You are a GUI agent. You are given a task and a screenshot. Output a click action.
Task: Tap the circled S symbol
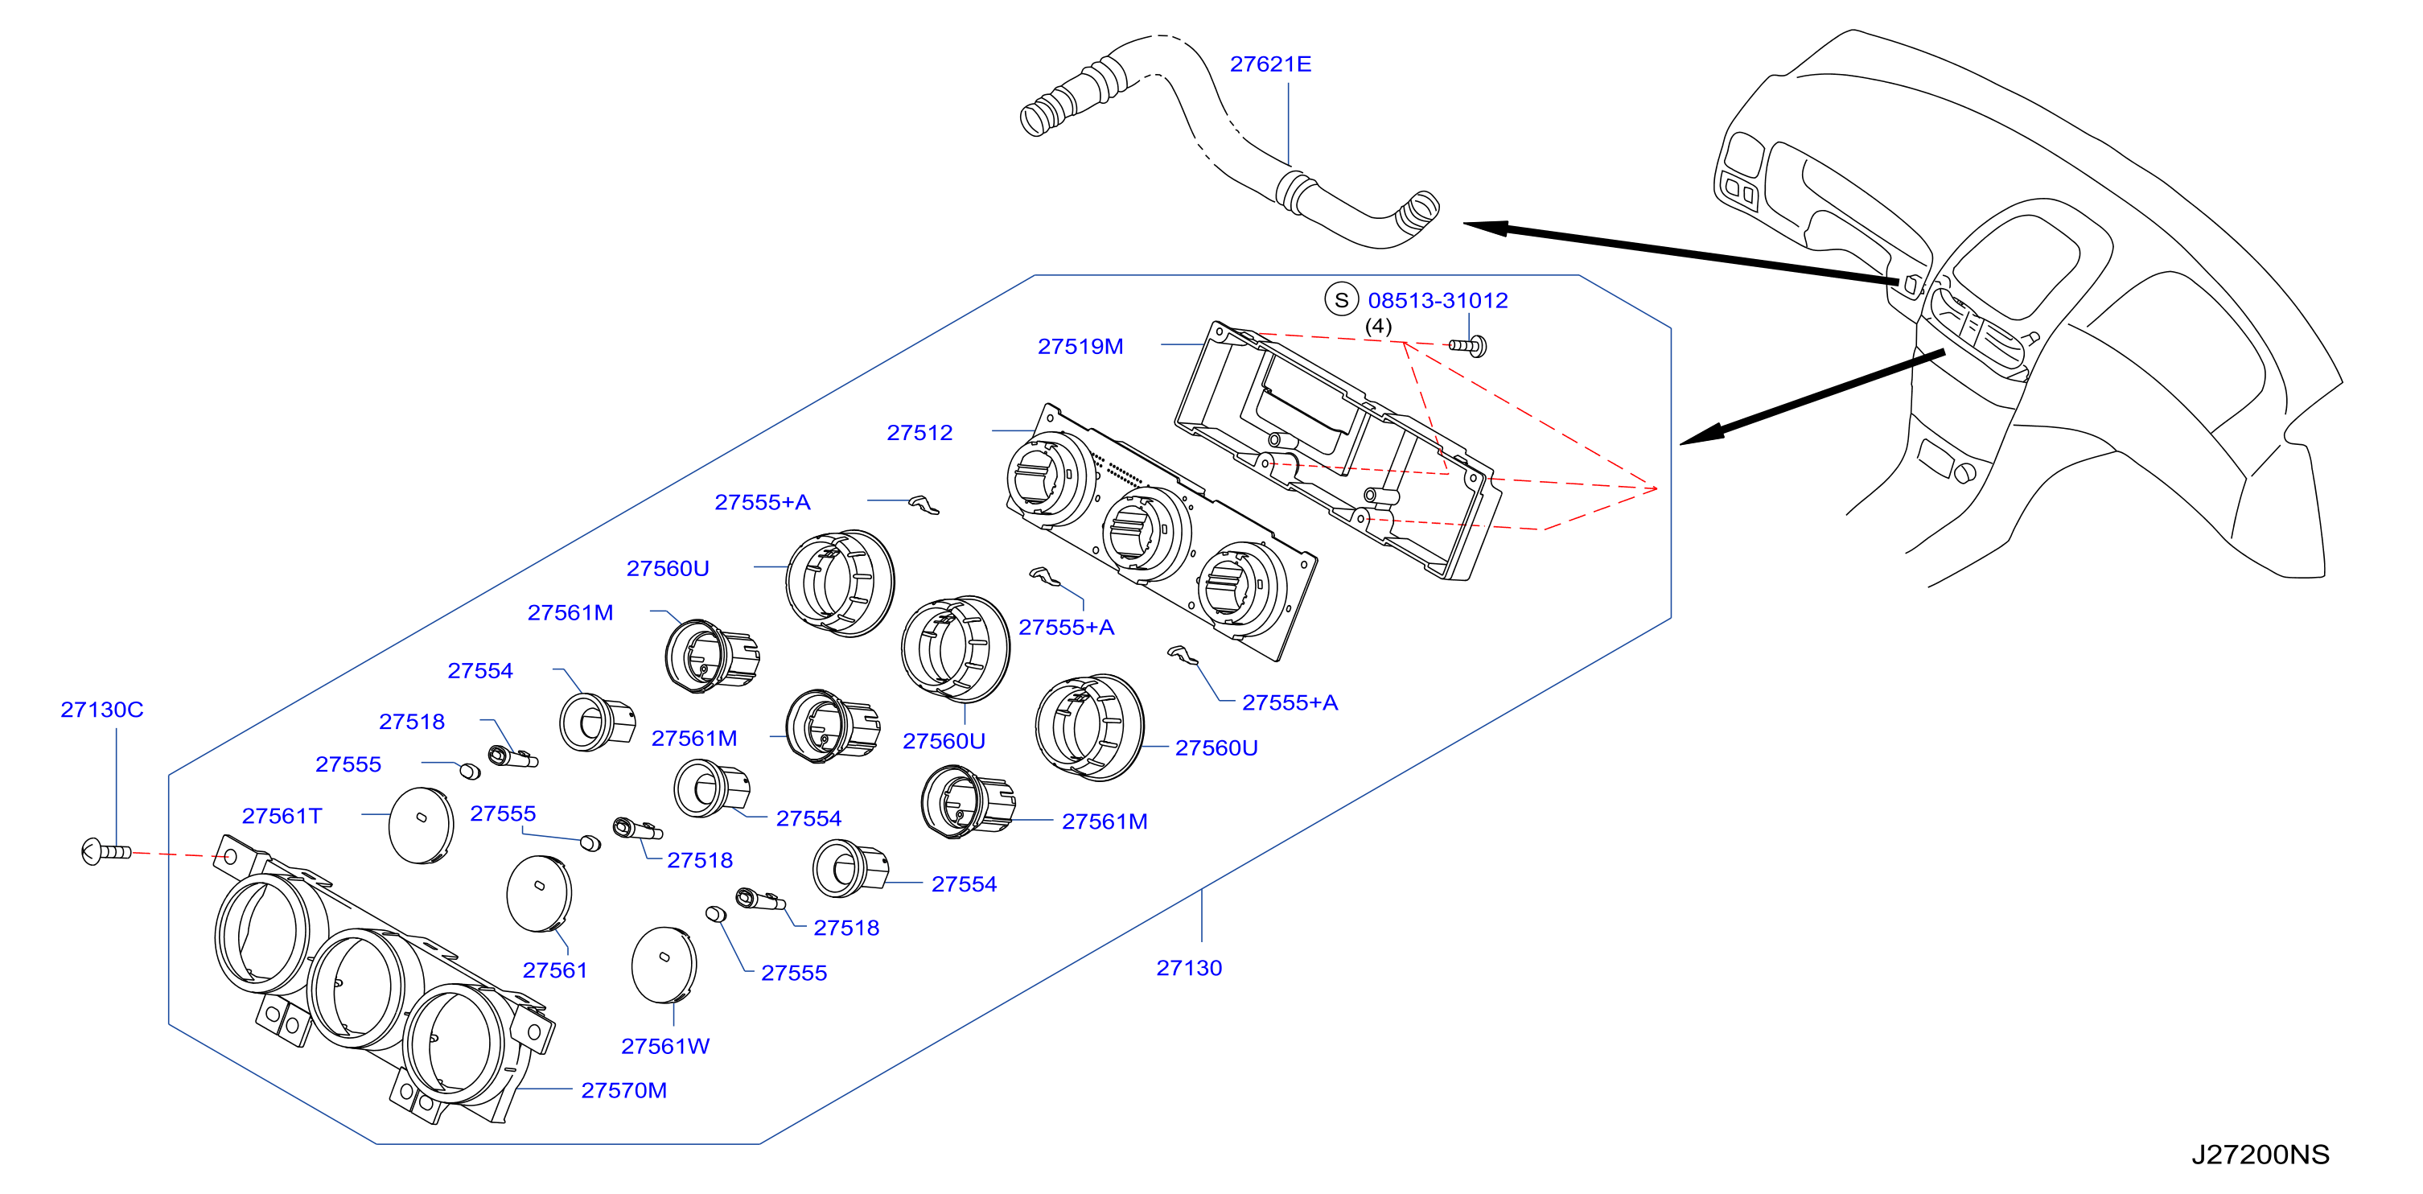coord(1341,299)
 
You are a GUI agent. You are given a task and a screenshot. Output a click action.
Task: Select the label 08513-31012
coord(1438,300)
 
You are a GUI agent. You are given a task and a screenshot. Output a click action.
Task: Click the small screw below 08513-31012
coord(1468,346)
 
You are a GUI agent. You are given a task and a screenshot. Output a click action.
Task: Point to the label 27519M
coord(1080,346)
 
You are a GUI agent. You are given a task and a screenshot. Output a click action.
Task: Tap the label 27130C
coord(101,710)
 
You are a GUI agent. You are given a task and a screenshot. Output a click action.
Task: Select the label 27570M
coord(623,1090)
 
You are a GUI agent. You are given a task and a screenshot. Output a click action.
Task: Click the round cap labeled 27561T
coord(421,826)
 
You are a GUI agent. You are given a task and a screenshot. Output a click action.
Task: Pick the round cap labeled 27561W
coord(664,965)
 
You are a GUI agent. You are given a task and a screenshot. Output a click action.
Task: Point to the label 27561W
coord(665,1046)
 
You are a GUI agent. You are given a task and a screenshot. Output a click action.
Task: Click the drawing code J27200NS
coord(2261,1155)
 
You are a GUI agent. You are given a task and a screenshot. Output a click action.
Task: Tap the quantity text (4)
coord(1378,326)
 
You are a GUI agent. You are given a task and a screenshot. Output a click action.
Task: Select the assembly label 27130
coord(1189,968)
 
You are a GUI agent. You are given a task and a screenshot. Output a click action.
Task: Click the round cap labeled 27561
coord(539,894)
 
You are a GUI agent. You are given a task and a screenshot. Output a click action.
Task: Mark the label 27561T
coord(282,816)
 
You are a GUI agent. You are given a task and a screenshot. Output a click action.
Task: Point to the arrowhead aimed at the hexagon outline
coord(1702,434)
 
